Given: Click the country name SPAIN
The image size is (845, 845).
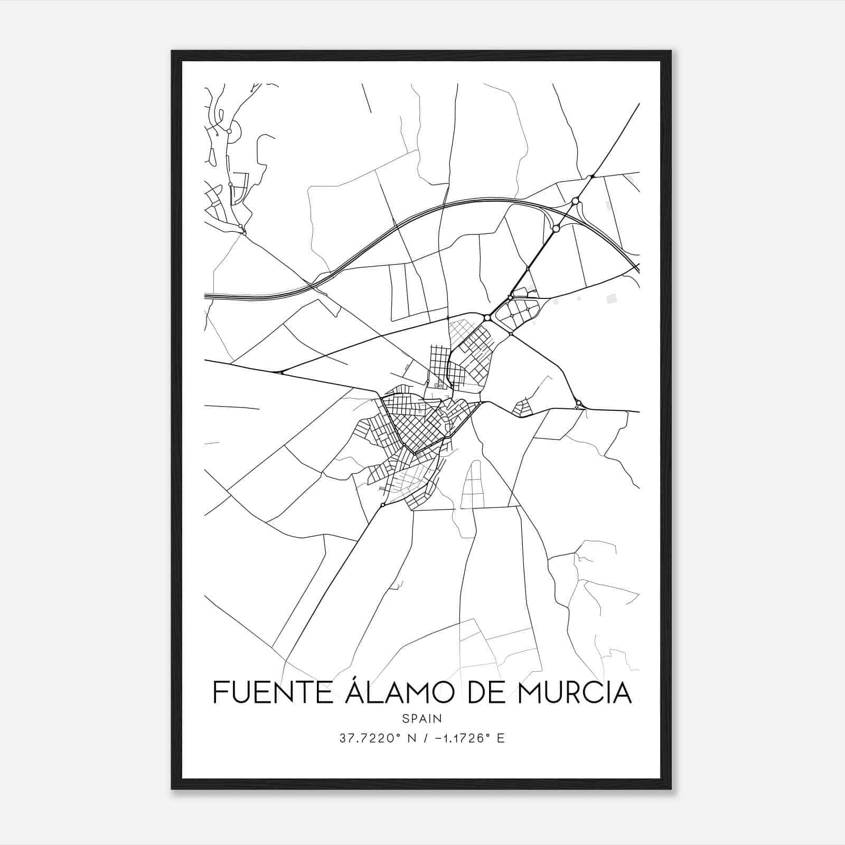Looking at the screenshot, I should pyautogui.click(x=422, y=718).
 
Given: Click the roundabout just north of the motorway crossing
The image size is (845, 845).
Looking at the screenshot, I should pyautogui.click(x=575, y=201).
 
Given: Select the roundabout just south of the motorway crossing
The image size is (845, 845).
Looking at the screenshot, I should pyautogui.click(x=556, y=229).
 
